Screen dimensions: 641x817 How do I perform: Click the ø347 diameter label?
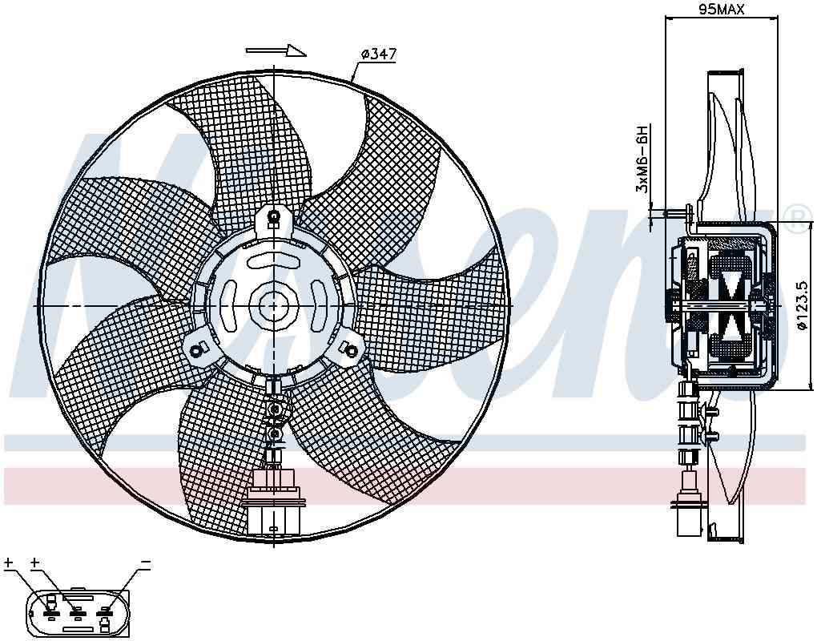[379, 54]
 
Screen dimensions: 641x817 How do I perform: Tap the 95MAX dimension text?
[721, 10]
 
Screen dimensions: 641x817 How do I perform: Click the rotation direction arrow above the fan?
[276, 50]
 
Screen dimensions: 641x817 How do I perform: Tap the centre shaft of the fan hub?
[273, 305]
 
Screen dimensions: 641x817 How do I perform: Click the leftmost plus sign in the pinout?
[9, 564]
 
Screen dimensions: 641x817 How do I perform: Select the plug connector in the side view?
[687, 513]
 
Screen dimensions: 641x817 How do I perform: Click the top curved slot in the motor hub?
[273, 260]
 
